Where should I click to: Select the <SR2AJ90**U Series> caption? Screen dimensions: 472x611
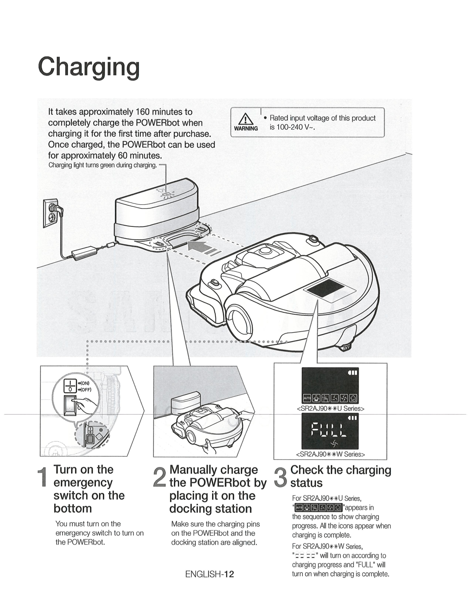330,408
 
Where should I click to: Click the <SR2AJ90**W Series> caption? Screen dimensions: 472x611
330,454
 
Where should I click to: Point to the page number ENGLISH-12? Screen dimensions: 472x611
209,574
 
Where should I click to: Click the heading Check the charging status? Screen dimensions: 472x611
340,476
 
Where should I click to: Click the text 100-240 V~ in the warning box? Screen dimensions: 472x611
292,127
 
